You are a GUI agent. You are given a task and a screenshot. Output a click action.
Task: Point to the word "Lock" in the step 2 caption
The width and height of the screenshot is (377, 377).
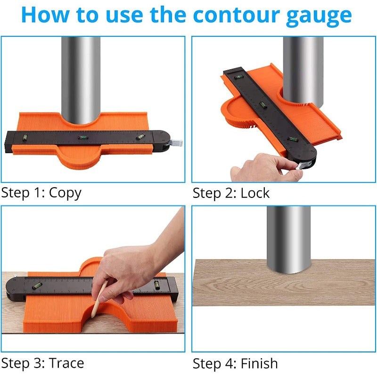[255, 194]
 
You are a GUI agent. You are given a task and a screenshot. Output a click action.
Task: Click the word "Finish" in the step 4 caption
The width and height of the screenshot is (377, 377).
[259, 364]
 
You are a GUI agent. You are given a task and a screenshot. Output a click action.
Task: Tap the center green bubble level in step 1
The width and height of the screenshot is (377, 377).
[83, 138]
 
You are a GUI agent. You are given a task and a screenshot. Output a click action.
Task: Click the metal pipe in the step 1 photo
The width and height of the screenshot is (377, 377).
[81, 75]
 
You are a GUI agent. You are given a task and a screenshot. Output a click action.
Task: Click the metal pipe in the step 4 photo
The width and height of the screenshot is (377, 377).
[288, 238]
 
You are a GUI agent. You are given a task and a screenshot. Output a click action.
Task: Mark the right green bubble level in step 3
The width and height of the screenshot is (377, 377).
[156, 284]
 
